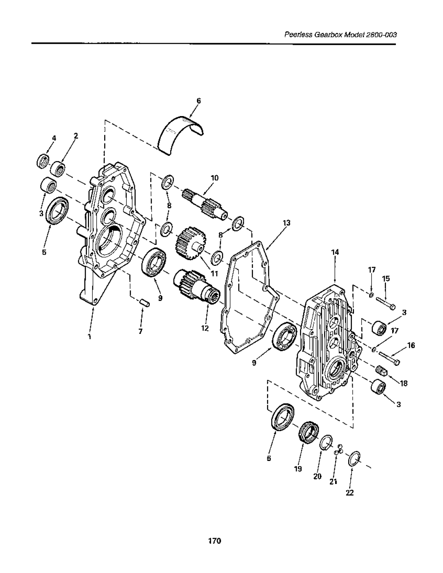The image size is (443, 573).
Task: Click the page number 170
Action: [x=214, y=541]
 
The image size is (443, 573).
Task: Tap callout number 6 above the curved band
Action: [x=199, y=101]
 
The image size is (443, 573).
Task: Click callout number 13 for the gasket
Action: [x=286, y=223]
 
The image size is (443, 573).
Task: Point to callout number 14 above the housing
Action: [x=335, y=252]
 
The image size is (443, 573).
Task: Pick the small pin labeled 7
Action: [x=144, y=302]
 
